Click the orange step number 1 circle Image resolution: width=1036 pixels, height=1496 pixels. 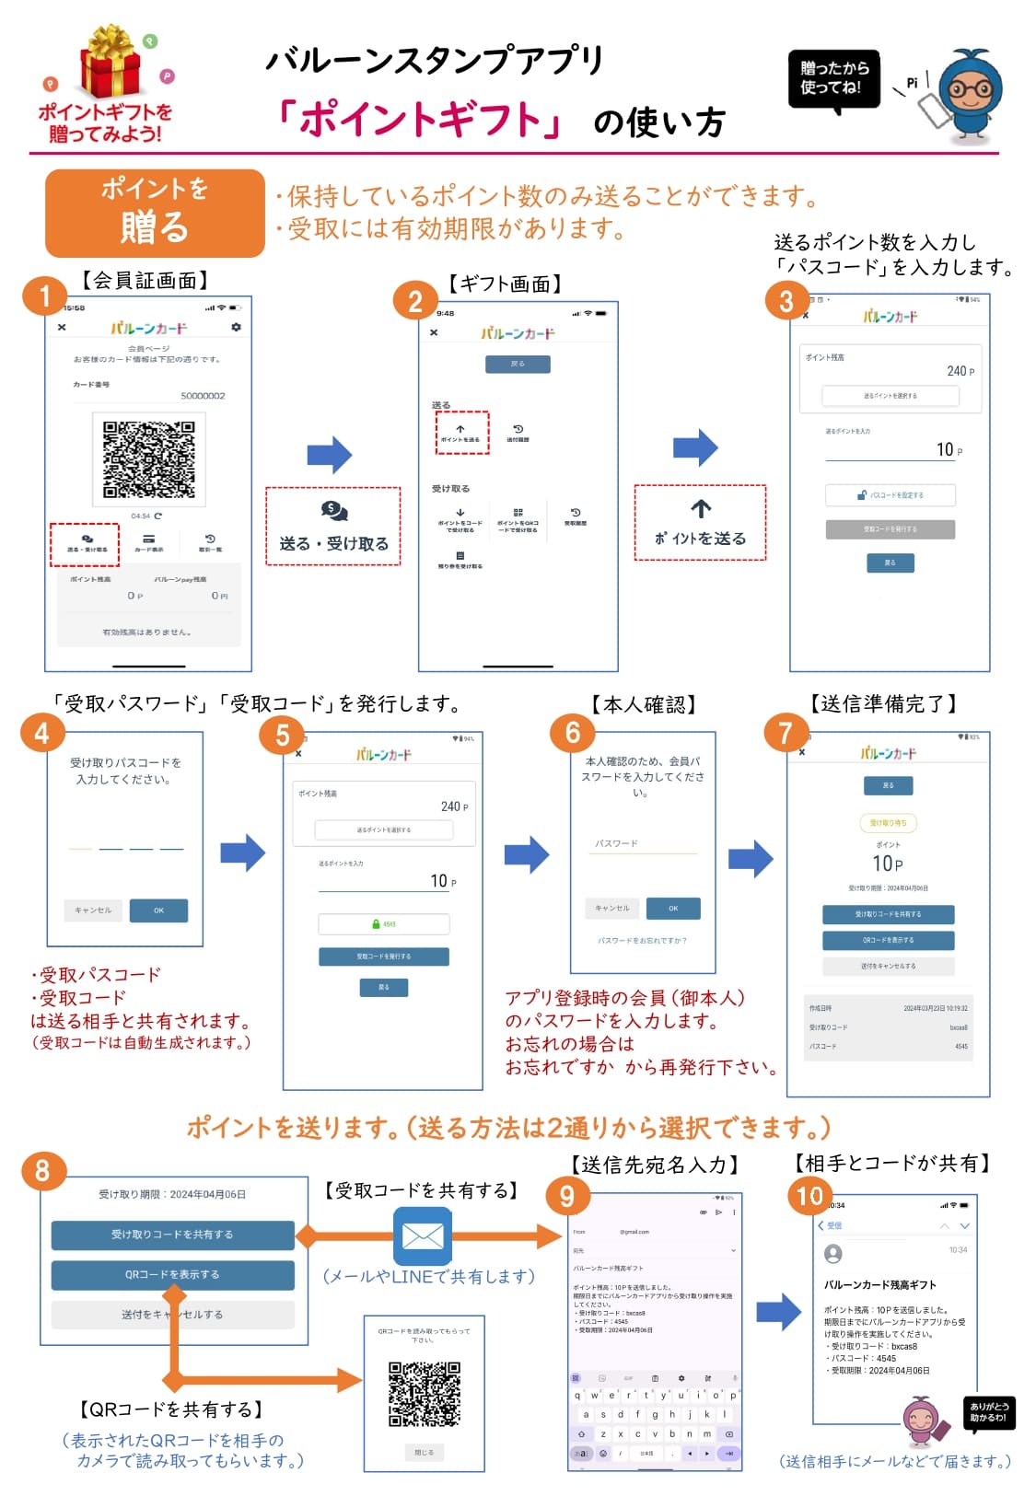(44, 296)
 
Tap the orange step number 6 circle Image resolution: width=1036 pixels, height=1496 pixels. (572, 733)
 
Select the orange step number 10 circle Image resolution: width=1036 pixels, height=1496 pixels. (809, 1195)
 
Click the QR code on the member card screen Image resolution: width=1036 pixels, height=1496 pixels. (148, 459)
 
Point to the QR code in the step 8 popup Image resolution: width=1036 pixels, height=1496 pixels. (424, 1394)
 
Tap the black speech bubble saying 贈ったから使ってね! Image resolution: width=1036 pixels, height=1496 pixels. (833, 80)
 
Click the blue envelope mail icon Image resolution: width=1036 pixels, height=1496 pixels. (423, 1235)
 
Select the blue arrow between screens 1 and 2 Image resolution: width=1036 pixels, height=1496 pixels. (330, 454)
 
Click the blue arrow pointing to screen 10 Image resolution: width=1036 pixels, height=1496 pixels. (779, 1311)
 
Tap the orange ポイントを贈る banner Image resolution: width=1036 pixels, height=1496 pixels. (155, 212)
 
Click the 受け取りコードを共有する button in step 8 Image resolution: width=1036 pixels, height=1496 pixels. (172, 1235)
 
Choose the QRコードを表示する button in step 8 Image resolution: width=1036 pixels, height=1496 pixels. (172, 1275)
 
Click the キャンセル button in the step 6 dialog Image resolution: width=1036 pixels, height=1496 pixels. (612, 909)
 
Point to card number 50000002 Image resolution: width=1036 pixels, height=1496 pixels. (203, 396)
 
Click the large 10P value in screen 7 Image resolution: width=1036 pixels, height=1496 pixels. (888, 864)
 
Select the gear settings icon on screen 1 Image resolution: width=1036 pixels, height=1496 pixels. (236, 327)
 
